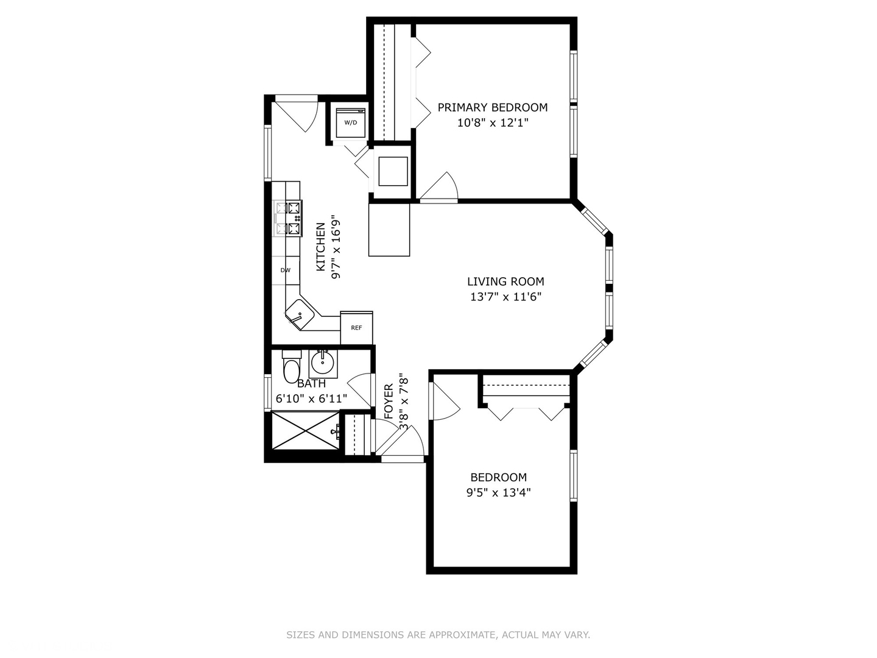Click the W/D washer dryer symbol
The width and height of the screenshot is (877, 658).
point(351,122)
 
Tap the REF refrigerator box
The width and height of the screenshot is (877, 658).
point(356,328)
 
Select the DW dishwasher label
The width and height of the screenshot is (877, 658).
point(285,270)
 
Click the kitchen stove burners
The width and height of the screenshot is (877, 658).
point(289,218)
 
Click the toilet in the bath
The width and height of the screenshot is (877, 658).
point(292,367)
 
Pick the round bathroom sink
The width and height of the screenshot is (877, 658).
point(323,363)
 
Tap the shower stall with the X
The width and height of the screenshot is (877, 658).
point(305,430)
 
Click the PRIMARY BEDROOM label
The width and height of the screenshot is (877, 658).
point(492,107)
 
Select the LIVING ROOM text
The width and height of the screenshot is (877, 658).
point(505,281)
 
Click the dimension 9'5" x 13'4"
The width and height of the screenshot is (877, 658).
point(498,493)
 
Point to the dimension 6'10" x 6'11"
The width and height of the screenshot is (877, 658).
point(311,398)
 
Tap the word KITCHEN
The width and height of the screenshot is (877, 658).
point(320,247)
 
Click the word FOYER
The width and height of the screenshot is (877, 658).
point(389,401)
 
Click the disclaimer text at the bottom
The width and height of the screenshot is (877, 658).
point(438,635)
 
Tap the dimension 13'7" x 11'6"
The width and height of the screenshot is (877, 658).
point(505,297)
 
